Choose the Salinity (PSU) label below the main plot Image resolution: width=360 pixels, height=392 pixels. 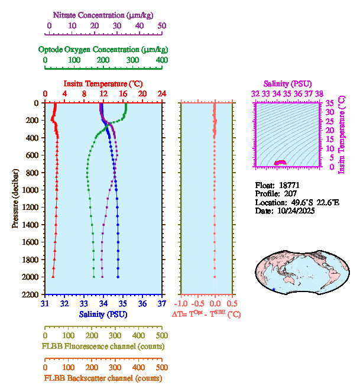click(x=103, y=314)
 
